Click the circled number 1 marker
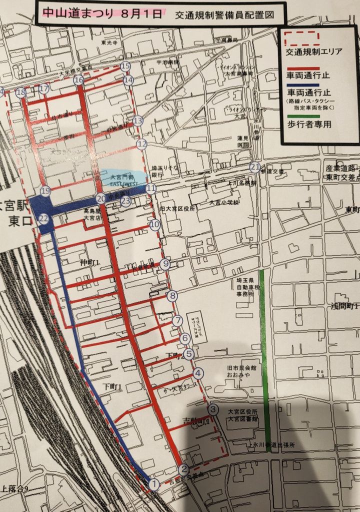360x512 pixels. (x=154, y=484)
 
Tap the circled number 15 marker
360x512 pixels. (x=125, y=66)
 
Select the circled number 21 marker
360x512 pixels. (x=255, y=167)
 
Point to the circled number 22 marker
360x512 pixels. (x=44, y=218)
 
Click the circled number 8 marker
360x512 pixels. (x=173, y=296)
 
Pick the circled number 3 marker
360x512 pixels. (x=213, y=409)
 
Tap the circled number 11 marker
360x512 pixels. (x=150, y=188)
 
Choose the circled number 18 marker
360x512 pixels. (x=20, y=93)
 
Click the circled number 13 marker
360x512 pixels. (x=138, y=120)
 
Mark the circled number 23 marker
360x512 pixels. (x=125, y=201)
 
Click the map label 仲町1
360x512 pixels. (x=90, y=262)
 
